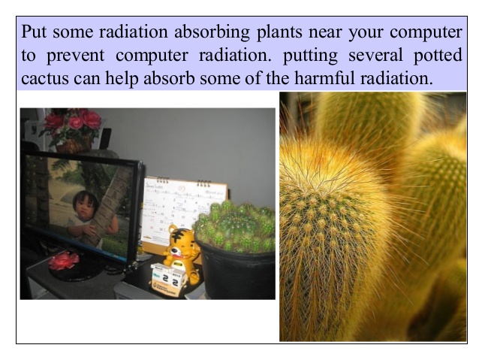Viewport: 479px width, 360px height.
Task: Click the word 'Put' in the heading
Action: [34, 32]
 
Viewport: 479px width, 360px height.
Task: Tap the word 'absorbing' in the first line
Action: [212, 32]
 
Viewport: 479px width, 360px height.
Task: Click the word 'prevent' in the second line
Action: [75, 56]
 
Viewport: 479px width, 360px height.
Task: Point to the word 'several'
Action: [375, 55]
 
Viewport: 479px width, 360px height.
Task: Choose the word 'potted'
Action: [438, 56]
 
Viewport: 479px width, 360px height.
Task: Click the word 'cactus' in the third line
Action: [45, 79]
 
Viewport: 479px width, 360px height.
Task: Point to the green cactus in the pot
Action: [234, 225]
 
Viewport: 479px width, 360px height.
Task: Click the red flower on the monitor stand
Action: [64, 262]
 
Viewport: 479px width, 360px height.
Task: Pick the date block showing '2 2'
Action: [169, 279]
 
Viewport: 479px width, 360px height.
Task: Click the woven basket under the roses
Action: [74, 144]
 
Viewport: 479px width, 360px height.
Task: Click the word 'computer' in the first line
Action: [426, 32]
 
